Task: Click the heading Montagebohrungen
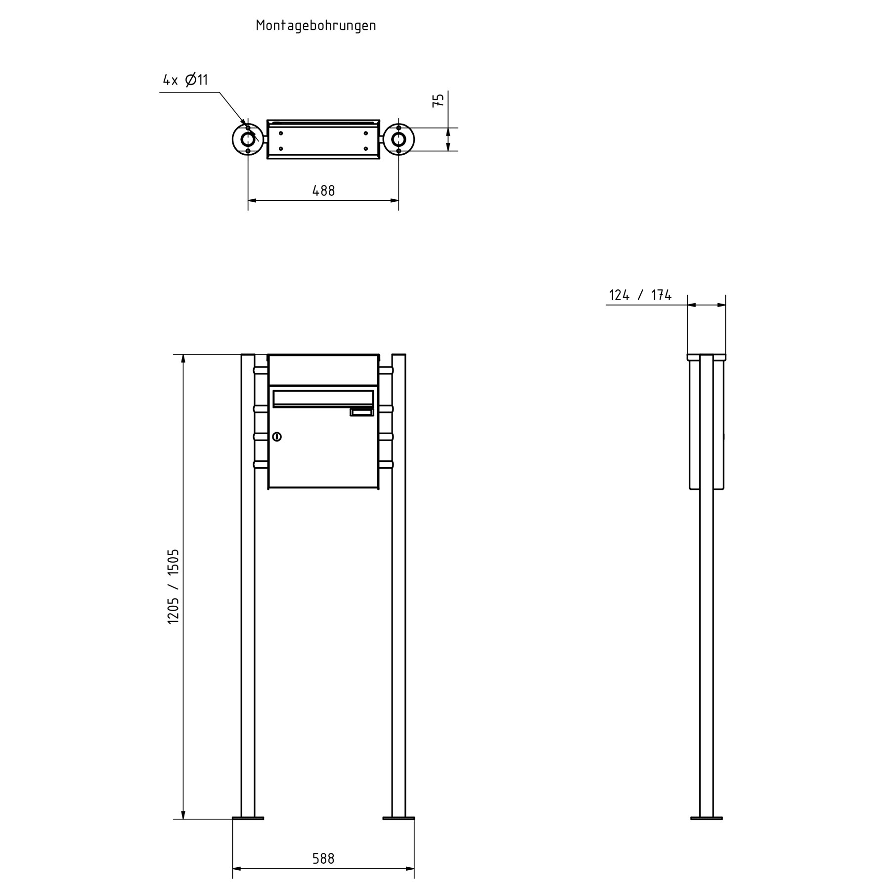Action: click(316, 26)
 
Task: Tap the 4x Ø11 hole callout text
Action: click(185, 80)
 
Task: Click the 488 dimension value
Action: click(323, 191)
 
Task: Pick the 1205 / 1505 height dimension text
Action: click(173, 586)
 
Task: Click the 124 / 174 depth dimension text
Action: click(640, 296)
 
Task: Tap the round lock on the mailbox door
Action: click(277, 437)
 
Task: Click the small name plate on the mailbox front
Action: click(361, 412)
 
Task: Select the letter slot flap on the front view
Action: click(323, 398)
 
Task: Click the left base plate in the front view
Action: click(248, 818)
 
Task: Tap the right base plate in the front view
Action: click(399, 818)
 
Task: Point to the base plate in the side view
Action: click(706, 818)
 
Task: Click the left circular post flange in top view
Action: click(248, 139)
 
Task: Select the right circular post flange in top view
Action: click(399, 139)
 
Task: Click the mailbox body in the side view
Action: click(695, 425)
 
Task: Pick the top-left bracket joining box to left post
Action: click(261, 370)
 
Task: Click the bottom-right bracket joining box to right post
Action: click(386, 465)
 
